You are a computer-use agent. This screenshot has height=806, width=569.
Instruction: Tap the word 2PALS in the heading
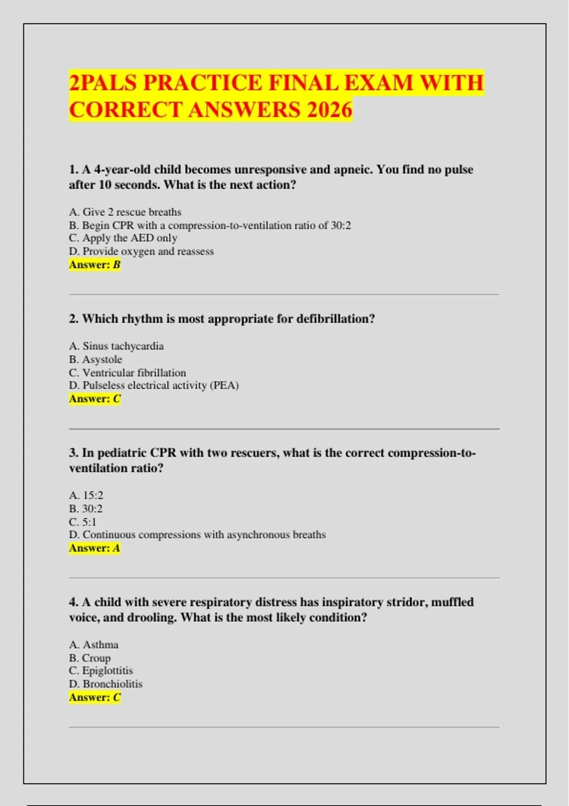pos(103,82)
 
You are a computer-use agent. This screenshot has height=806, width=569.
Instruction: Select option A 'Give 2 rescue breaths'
pos(125,212)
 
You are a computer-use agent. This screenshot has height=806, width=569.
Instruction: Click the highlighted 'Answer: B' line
pos(95,265)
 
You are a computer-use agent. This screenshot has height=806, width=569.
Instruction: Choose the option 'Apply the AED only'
pos(123,238)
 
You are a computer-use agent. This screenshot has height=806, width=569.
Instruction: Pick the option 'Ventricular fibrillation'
pos(128,373)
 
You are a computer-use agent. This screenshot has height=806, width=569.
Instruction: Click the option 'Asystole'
pos(96,359)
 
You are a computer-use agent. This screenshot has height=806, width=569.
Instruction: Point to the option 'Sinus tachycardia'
pos(117,346)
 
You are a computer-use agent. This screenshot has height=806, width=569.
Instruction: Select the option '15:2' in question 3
pos(86,495)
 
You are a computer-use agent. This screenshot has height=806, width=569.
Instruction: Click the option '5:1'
pos(83,522)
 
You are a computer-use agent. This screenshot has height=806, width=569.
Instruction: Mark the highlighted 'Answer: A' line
pos(95,548)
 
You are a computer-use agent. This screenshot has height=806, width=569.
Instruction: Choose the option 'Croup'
pos(90,658)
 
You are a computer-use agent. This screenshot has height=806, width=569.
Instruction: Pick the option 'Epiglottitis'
pos(101,671)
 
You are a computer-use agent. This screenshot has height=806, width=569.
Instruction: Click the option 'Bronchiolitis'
pos(106,684)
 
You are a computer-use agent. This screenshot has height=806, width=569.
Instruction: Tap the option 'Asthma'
pos(94,645)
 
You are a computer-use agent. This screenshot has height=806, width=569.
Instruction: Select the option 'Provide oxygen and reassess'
pos(142,251)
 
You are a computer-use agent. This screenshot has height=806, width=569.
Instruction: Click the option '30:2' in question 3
pos(86,509)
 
